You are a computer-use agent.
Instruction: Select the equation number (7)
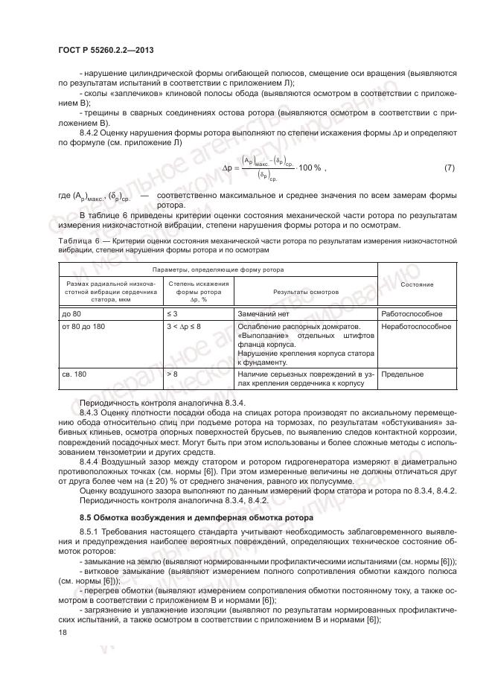coord(449,168)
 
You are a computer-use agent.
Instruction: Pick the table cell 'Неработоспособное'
coord(416,327)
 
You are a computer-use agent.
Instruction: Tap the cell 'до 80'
coord(72,314)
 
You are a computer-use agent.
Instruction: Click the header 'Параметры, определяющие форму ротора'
coord(217,269)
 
